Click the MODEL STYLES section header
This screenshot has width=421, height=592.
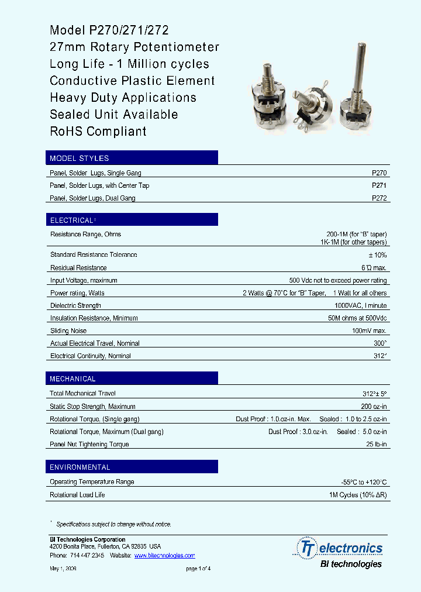click(x=80, y=158)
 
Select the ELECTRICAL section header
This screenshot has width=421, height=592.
click(x=71, y=221)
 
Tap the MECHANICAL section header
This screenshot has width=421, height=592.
click(x=73, y=379)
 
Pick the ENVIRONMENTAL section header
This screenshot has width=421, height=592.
click(x=80, y=467)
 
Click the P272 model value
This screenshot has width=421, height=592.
click(x=379, y=198)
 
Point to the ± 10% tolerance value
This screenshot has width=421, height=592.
click(x=377, y=255)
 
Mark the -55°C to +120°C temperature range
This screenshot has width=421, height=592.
click(x=364, y=482)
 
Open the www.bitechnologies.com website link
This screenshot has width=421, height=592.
click(x=164, y=556)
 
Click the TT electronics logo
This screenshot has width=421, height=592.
click(x=341, y=549)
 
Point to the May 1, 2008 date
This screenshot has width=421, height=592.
click(x=63, y=569)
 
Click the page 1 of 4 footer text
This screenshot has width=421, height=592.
click(x=198, y=569)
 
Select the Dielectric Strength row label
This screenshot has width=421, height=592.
click(x=75, y=305)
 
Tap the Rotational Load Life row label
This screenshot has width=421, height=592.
click(x=78, y=495)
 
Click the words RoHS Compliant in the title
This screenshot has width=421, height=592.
click(x=98, y=132)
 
